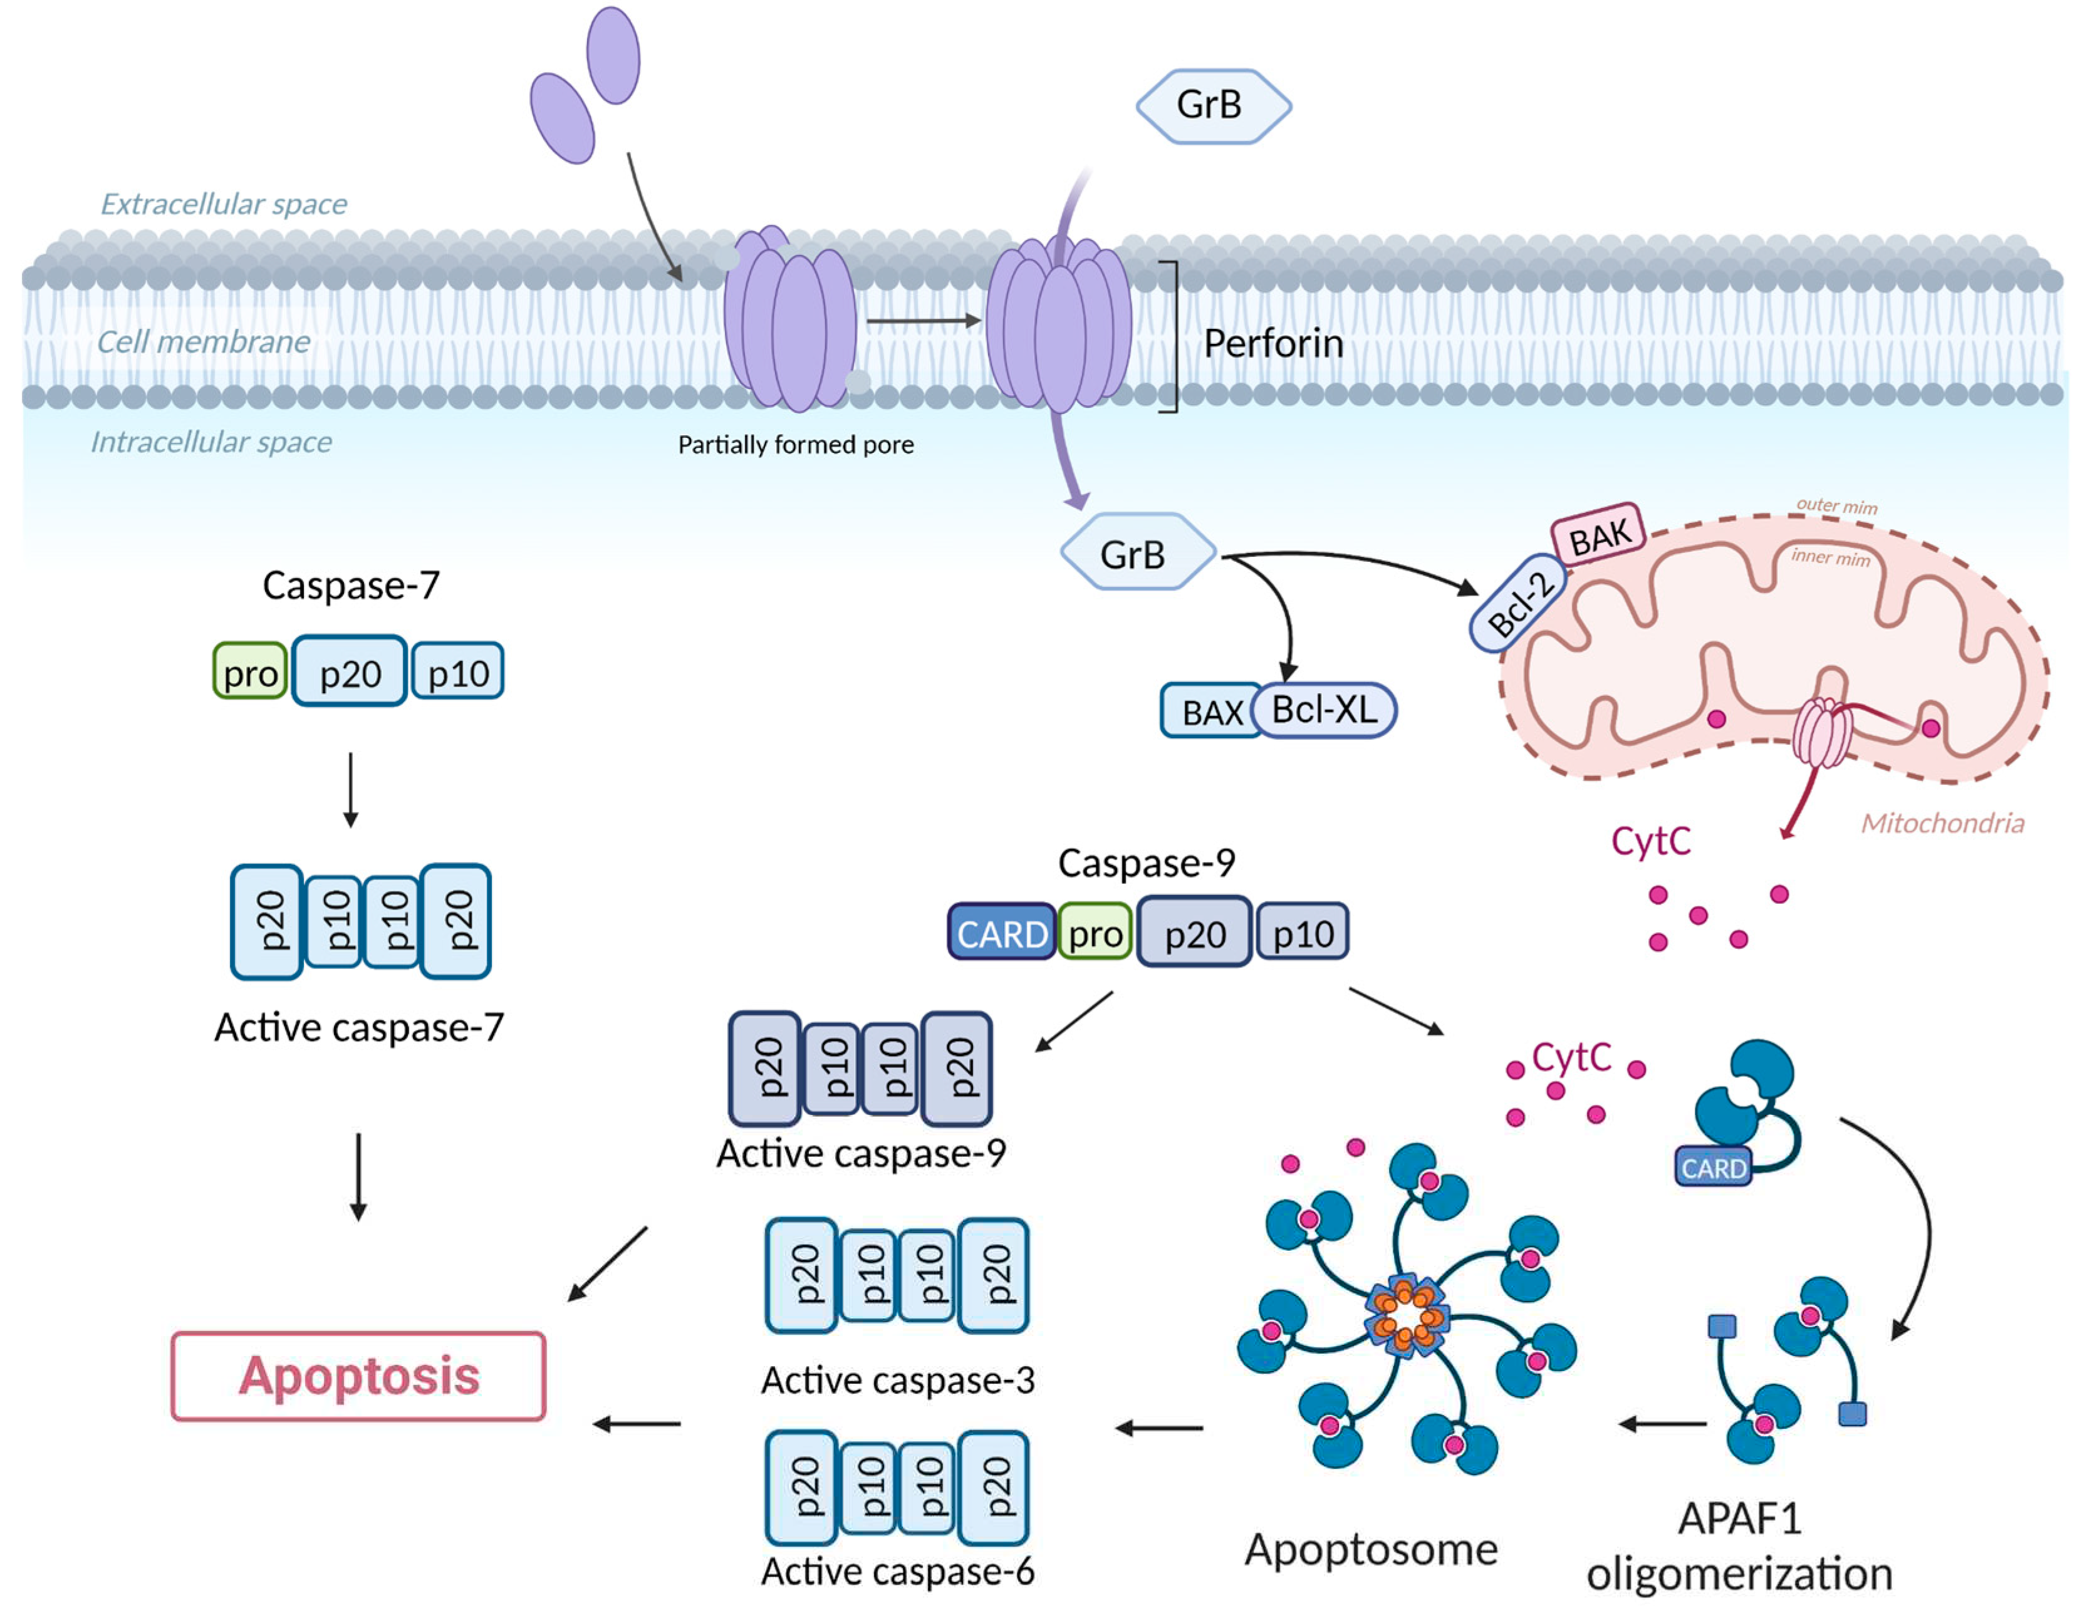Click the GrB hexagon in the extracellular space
(1212, 106)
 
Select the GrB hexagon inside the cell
(1137, 553)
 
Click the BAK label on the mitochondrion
(1599, 535)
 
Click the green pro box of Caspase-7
(249, 672)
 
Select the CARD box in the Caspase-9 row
(1001, 933)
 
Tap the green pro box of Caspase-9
(1095, 933)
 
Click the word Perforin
(1273, 344)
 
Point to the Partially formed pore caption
(795, 445)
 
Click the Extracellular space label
(224, 204)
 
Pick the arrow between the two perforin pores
(923, 321)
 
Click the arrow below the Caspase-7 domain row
(350, 790)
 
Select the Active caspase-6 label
(897, 1571)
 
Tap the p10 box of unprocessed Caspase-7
(458, 672)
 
